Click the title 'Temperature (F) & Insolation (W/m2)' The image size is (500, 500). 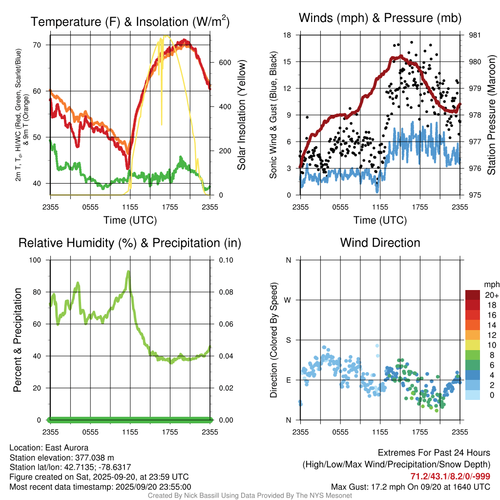[x=130, y=21]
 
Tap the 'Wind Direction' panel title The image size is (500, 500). [x=380, y=243]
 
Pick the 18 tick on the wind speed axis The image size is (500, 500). [x=288, y=35]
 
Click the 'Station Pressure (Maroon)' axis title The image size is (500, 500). [x=492, y=115]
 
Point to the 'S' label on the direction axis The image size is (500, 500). [x=289, y=340]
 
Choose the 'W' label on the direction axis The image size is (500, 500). [x=288, y=300]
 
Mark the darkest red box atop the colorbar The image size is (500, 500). [x=473, y=294]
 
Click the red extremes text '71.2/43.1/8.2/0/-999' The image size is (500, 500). [x=451, y=477]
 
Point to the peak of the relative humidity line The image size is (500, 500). [x=128, y=271]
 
